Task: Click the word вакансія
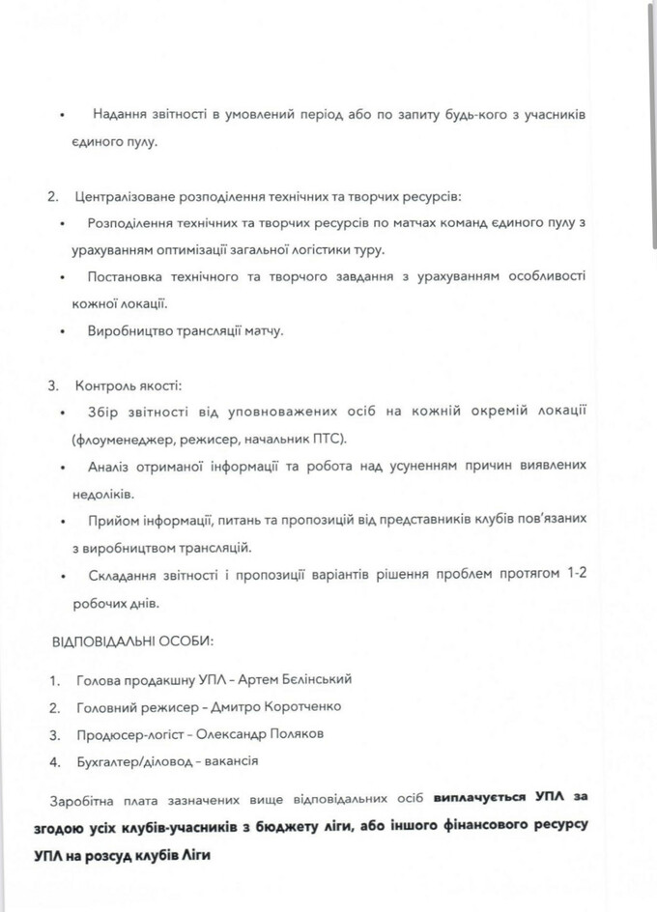tap(229, 761)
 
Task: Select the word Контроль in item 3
tap(101, 386)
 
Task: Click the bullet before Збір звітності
tap(63, 413)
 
